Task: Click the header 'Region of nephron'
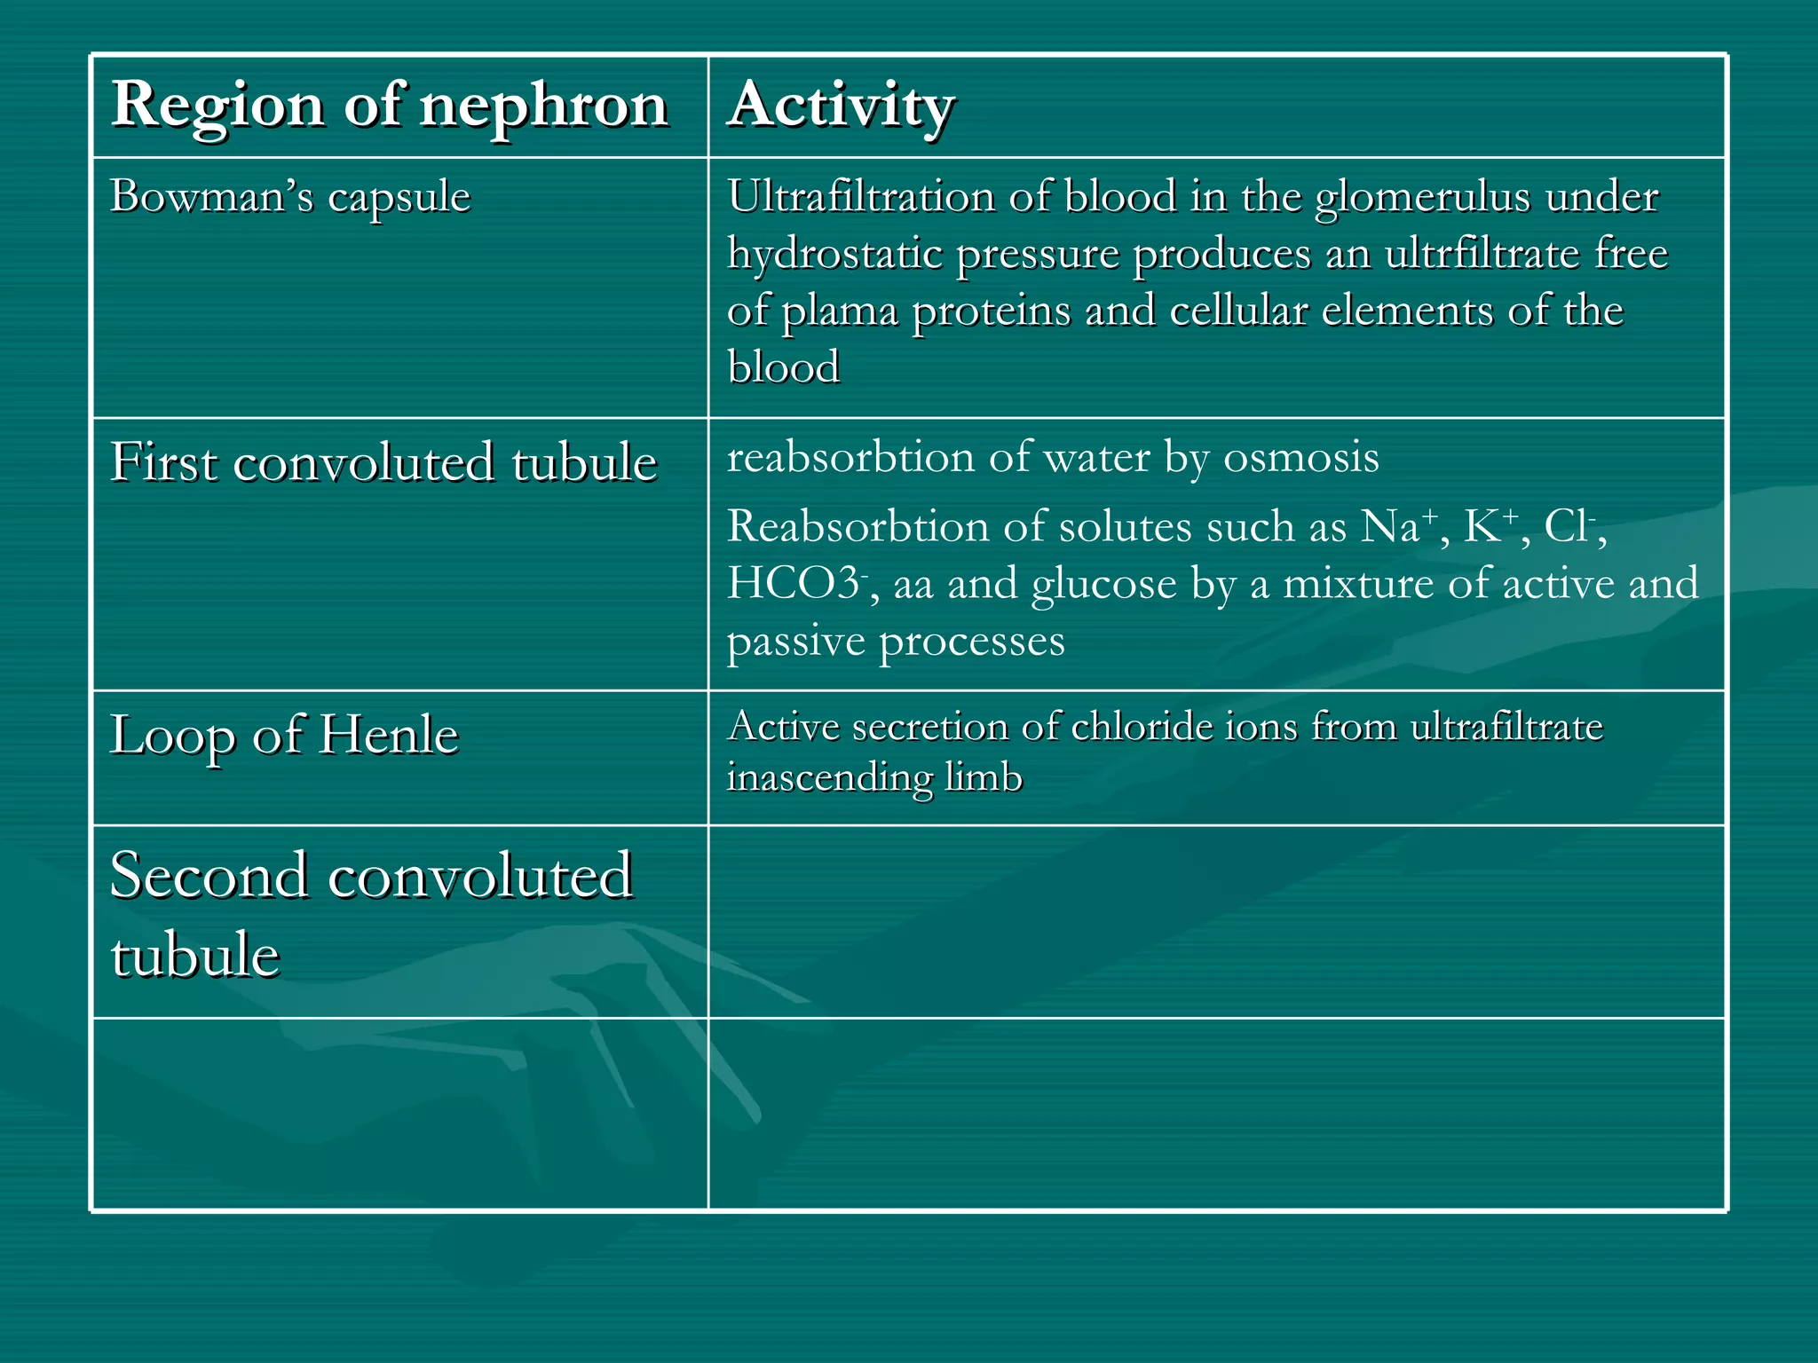pos(390,105)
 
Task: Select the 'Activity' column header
pos(841,105)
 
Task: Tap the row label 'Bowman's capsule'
pos(290,196)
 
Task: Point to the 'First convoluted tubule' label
pos(383,462)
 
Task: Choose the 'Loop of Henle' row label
pos(284,735)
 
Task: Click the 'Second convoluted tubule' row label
pos(371,914)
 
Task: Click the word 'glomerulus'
pos(1422,197)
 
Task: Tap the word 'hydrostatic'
pos(834,254)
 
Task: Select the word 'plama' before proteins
pos(839,311)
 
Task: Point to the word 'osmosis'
pos(1300,458)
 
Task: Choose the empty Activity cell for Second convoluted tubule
pos(1216,921)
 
